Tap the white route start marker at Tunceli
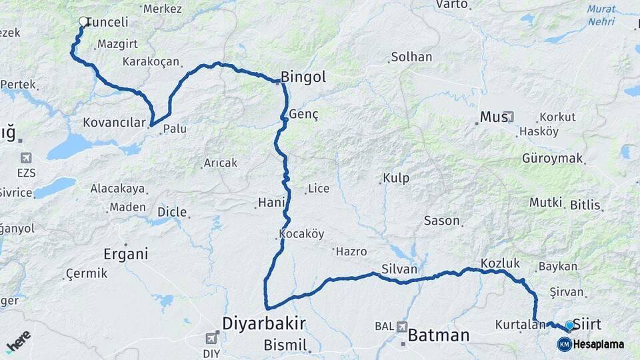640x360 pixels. point(84,22)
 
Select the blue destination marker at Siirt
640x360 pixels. point(569,325)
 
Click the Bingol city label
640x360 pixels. point(303,77)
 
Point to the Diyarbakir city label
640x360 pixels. point(264,324)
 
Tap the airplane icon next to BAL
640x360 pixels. point(401,327)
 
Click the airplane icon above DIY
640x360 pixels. point(212,337)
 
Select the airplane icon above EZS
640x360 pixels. point(26,158)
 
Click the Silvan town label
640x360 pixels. point(399,269)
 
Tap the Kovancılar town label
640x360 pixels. point(114,123)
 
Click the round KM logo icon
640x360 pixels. point(565,344)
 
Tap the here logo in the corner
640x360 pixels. point(18,341)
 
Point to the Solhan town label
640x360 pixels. point(411,57)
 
